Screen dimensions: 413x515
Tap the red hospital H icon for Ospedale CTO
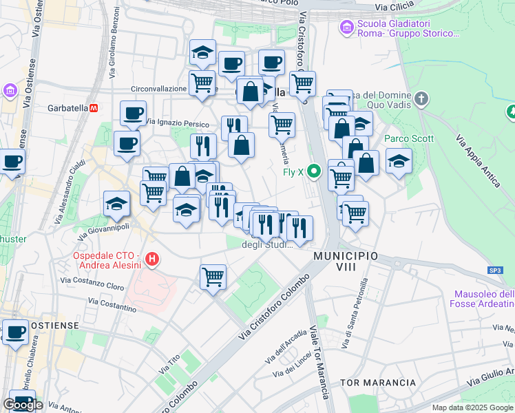(x=153, y=260)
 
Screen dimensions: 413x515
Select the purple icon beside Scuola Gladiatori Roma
(x=346, y=28)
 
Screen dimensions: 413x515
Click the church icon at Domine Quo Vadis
(x=422, y=99)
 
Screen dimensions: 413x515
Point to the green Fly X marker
(x=315, y=171)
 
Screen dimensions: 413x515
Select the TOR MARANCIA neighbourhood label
(x=378, y=382)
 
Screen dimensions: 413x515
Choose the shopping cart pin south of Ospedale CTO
(x=213, y=277)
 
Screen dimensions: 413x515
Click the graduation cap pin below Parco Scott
(x=398, y=162)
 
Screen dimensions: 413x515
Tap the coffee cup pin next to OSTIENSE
(x=15, y=332)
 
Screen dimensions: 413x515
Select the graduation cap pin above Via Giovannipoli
(x=116, y=203)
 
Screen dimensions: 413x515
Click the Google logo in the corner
(x=23, y=405)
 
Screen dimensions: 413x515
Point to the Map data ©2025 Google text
(x=472, y=407)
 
